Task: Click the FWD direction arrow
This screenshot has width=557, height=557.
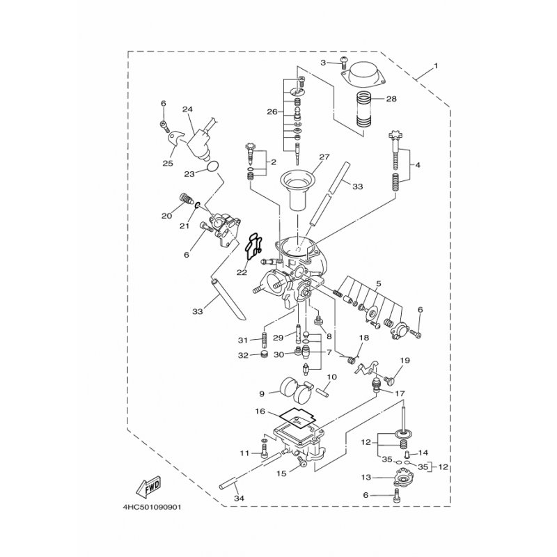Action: point(149,487)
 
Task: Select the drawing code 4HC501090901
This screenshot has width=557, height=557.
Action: point(152,508)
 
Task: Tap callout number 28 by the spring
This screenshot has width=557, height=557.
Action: point(391,99)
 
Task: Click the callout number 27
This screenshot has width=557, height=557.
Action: point(324,157)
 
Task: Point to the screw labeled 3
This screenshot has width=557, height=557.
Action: point(344,63)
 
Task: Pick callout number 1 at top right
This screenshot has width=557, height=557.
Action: point(436,66)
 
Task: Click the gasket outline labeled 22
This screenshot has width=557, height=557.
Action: point(253,246)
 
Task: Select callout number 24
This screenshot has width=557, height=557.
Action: point(187,109)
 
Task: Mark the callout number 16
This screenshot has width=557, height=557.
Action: point(260,411)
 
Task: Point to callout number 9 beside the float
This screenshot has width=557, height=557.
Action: point(262,393)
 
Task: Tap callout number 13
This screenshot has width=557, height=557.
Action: point(366,478)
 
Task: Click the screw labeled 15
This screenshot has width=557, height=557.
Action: point(302,462)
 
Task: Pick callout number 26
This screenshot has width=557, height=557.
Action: point(272,112)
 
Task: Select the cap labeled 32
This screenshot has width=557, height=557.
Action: point(264,354)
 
